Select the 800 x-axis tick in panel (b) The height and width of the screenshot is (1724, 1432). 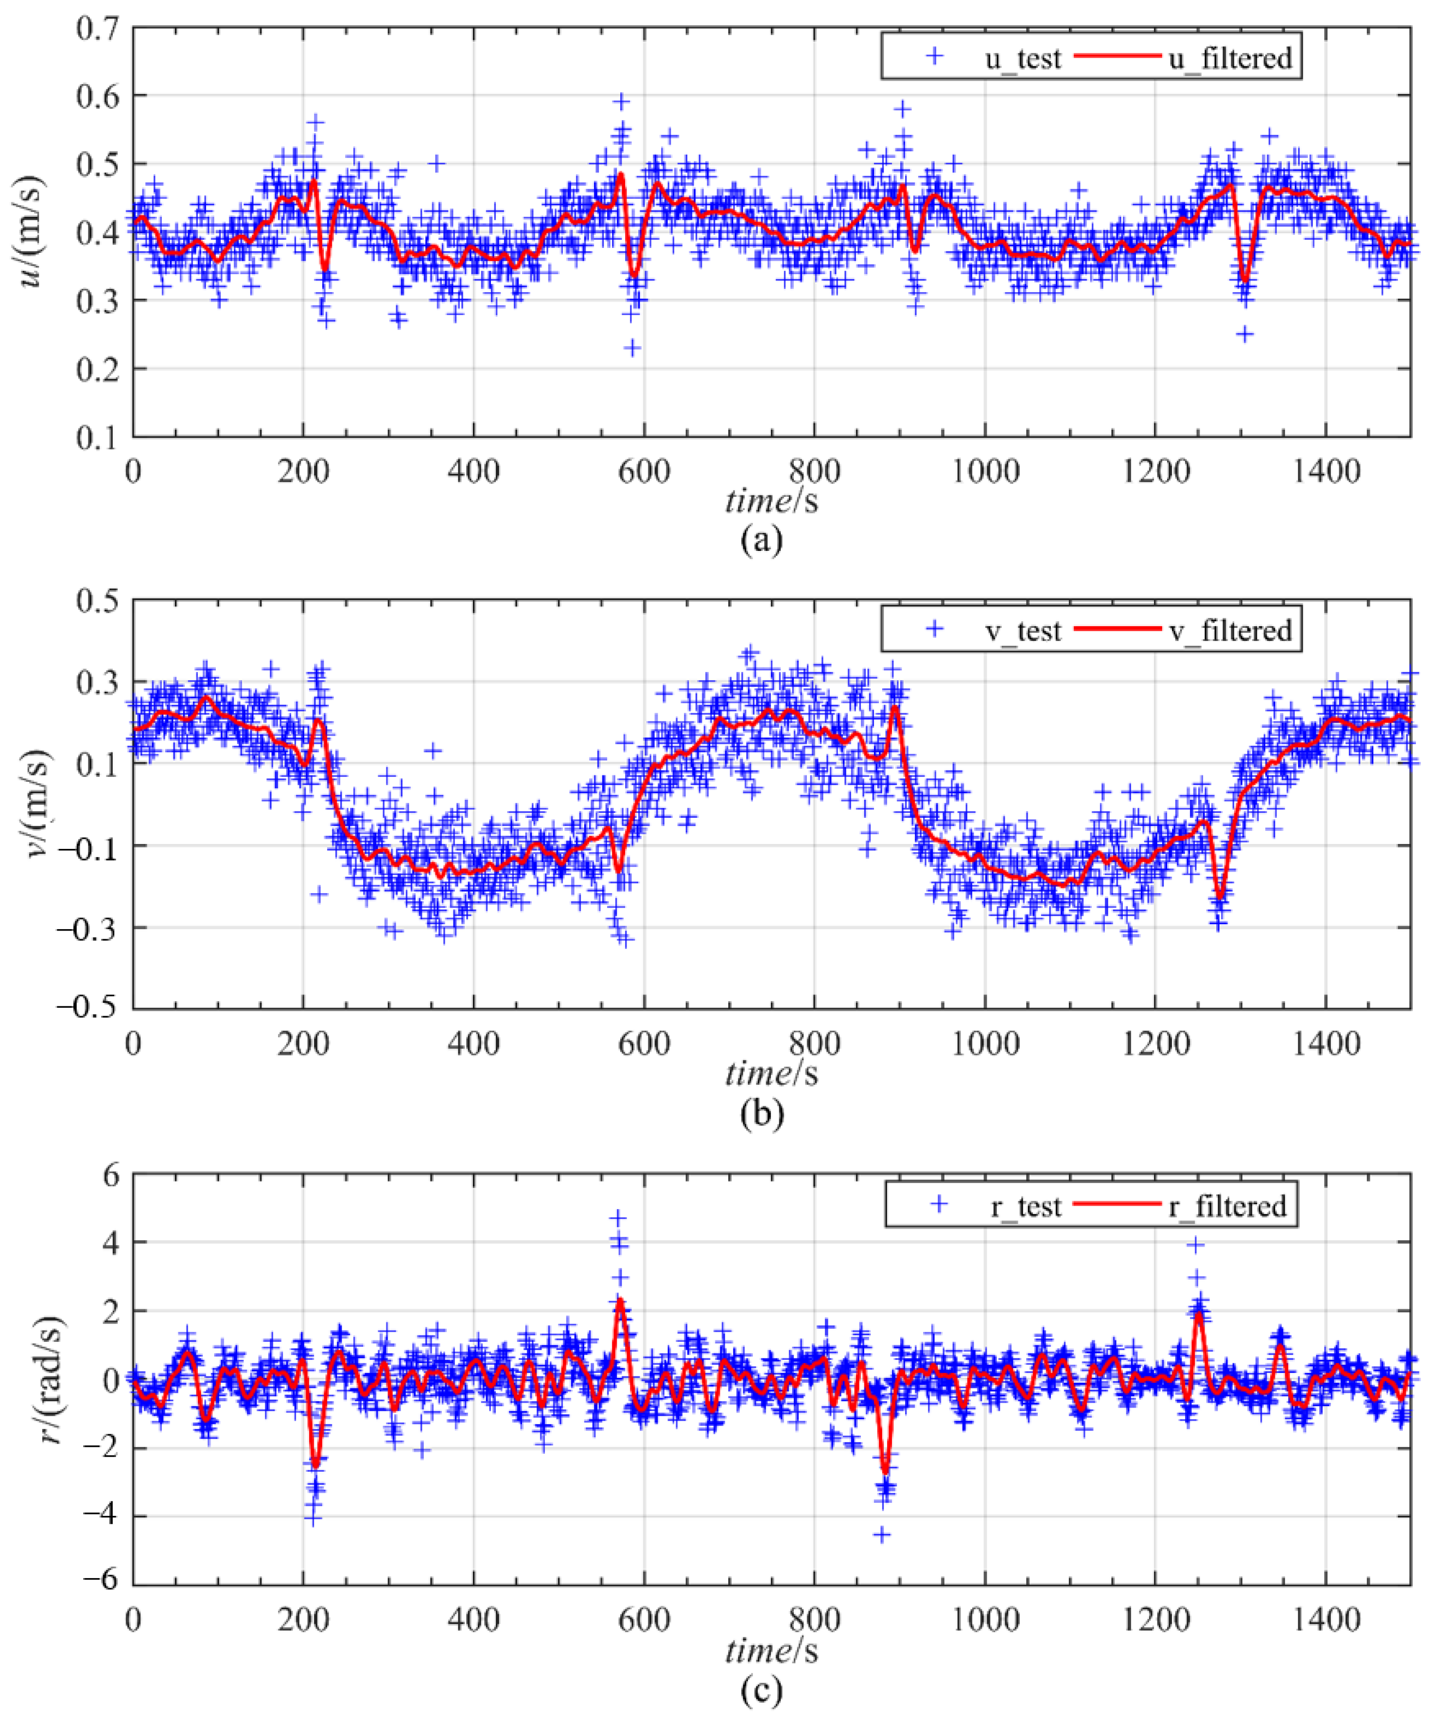814,1045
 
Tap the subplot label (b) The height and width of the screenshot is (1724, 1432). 761,1113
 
